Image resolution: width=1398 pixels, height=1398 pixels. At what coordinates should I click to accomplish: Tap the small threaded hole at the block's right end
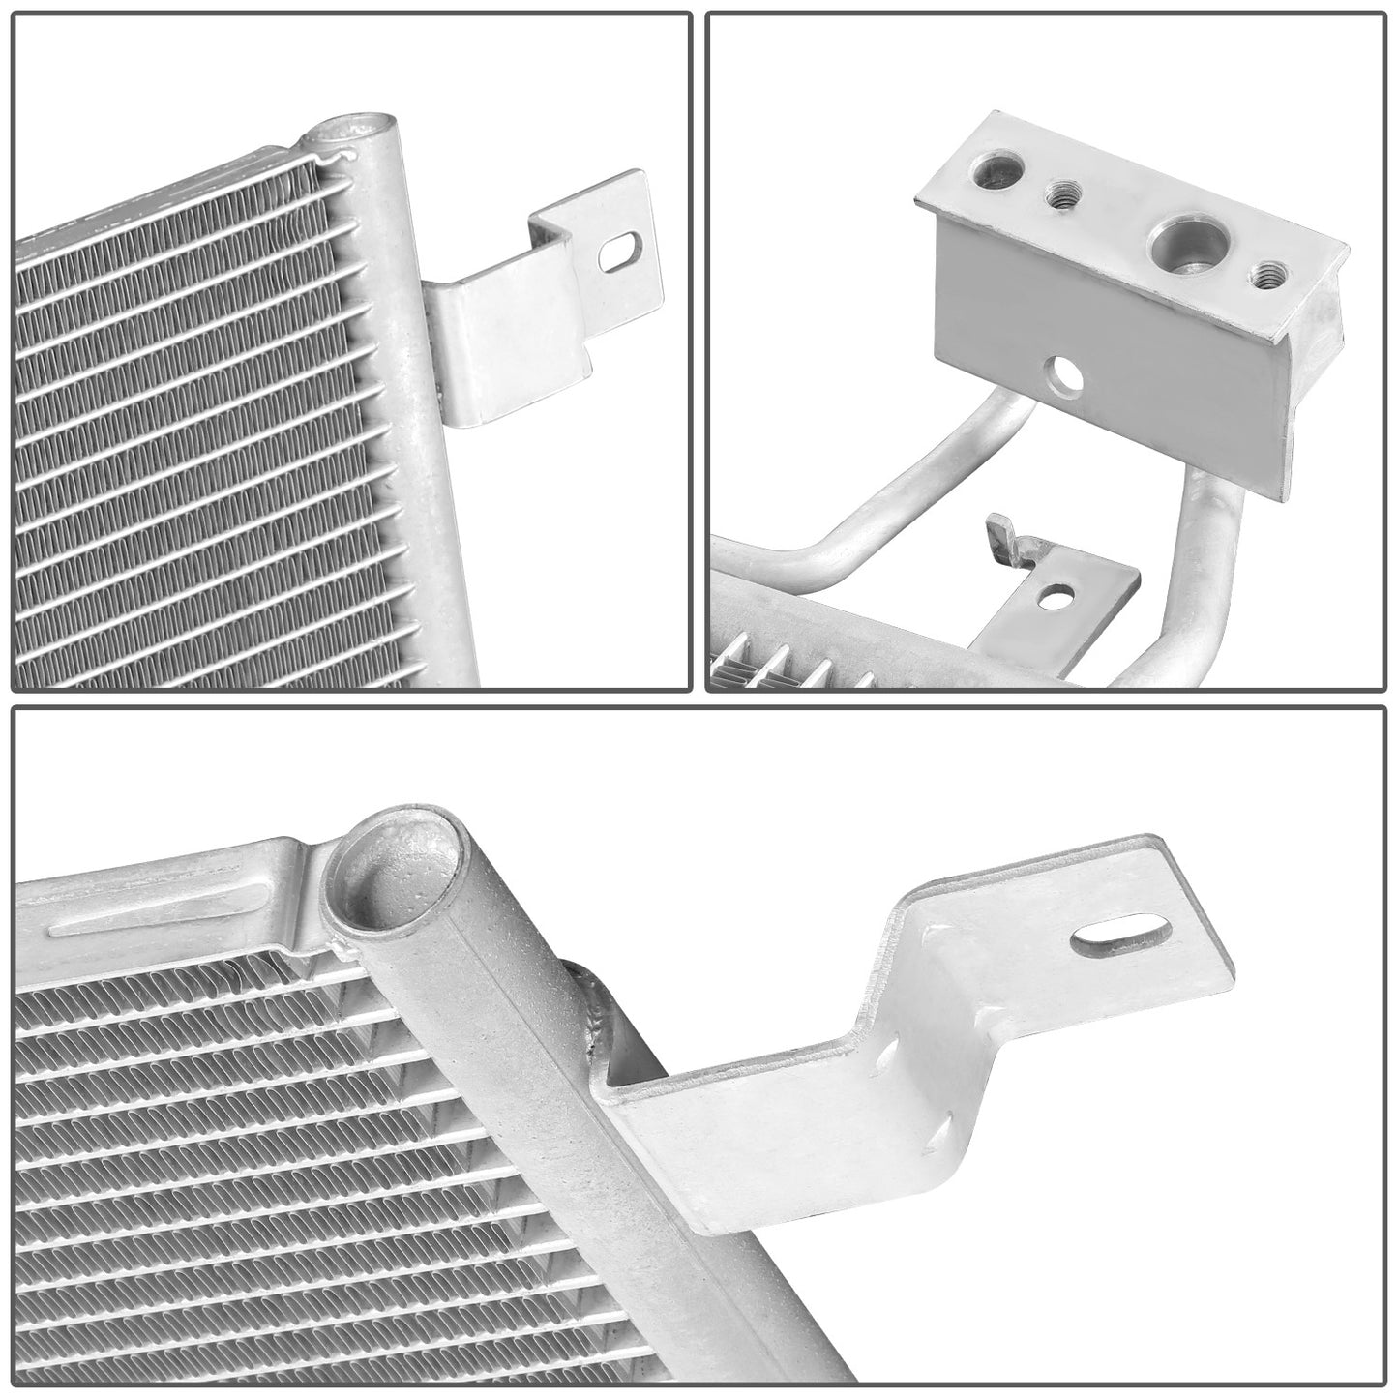[1264, 277]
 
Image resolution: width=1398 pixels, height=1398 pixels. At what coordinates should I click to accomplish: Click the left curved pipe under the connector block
[871, 522]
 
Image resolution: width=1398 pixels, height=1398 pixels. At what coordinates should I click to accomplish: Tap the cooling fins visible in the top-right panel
[774, 668]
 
